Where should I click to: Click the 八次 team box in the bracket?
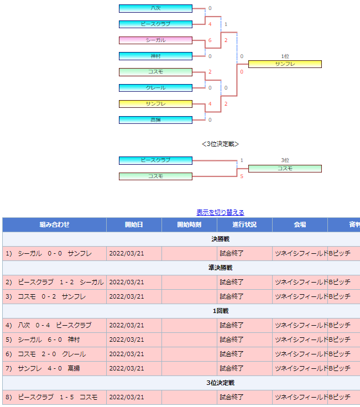pyautogui.click(x=155, y=8)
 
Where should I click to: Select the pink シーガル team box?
pyautogui.click(x=155, y=40)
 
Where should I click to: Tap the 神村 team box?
pyautogui.click(x=155, y=56)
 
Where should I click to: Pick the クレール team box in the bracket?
pyautogui.click(x=155, y=88)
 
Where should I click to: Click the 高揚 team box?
pyautogui.click(x=155, y=120)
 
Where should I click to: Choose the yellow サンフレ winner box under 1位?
pyautogui.click(x=285, y=64)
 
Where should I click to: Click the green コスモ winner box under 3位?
pyautogui.click(x=285, y=169)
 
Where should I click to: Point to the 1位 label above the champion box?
pyautogui.click(x=285, y=56)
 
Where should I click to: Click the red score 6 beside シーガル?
pyautogui.click(x=210, y=40)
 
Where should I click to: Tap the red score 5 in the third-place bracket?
pyautogui.click(x=242, y=176)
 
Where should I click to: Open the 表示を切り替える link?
pyautogui.click(x=220, y=212)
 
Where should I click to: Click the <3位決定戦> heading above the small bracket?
pyautogui.click(x=220, y=144)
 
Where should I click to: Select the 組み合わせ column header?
pyautogui.click(x=55, y=225)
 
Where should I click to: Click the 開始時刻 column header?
pyautogui.click(x=189, y=225)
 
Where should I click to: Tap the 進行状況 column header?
pyautogui.click(x=244, y=225)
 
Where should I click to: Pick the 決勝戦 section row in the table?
pyautogui.click(x=220, y=239)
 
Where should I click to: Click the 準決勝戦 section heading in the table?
pyautogui.click(x=220, y=268)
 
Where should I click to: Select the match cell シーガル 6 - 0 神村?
pyautogui.click(x=55, y=340)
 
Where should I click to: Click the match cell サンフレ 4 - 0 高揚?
pyautogui.click(x=55, y=369)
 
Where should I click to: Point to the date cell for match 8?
pyautogui.click(x=134, y=397)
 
